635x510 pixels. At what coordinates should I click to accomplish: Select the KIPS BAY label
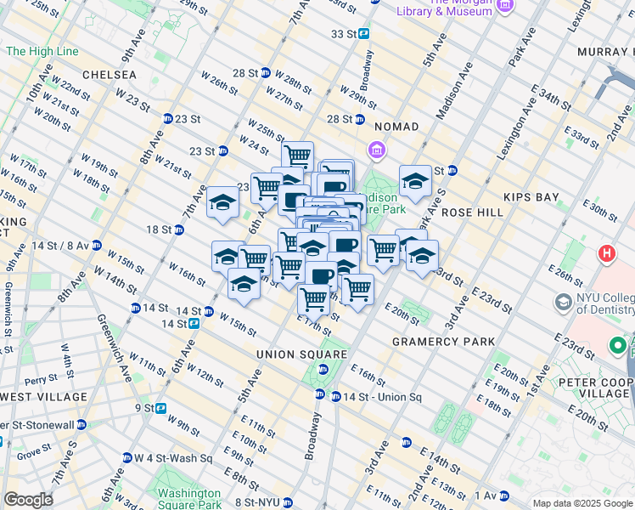[531, 197]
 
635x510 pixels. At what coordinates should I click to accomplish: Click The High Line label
[42, 52]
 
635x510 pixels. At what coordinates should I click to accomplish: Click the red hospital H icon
[606, 253]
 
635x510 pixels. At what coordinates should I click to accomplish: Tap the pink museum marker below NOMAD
[377, 150]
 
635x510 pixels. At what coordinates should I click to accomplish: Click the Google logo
[27, 500]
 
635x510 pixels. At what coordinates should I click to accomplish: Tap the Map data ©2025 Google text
[582, 503]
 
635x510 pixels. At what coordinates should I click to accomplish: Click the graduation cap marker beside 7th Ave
[222, 203]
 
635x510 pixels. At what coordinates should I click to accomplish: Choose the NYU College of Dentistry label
[600, 308]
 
